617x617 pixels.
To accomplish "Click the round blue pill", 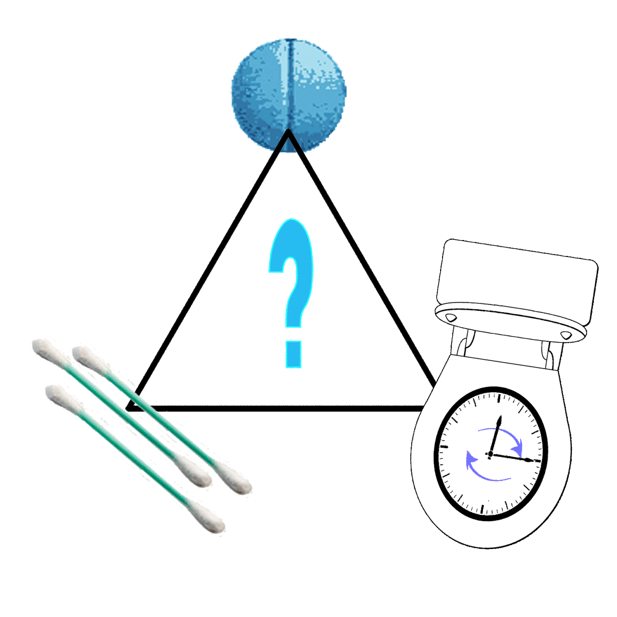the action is (289, 95).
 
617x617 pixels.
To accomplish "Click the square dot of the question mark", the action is (293, 354).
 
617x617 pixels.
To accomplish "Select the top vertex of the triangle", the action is (288, 131).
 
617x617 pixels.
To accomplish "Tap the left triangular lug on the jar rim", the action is (451, 318).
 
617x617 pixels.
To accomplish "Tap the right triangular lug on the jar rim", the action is (566, 335).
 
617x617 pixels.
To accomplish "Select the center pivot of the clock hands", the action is (490, 454).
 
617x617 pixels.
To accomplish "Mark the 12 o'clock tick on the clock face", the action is (499, 399).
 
